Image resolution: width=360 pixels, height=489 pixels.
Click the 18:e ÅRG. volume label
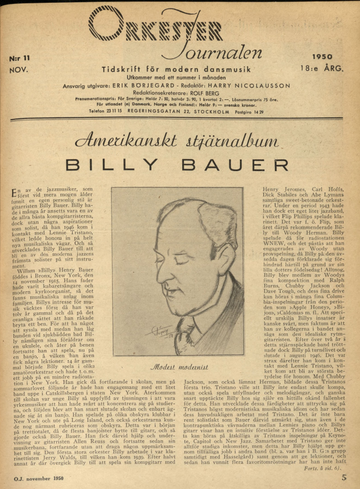tap(324, 68)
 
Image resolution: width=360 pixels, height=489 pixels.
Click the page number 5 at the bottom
tap(344, 476)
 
